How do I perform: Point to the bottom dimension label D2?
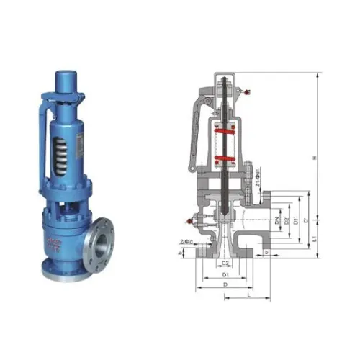226,264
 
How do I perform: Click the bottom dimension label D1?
225,275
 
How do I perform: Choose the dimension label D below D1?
225,285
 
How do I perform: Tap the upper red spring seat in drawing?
225,132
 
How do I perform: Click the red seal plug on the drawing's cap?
248,91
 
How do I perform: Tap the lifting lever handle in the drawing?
194,137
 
